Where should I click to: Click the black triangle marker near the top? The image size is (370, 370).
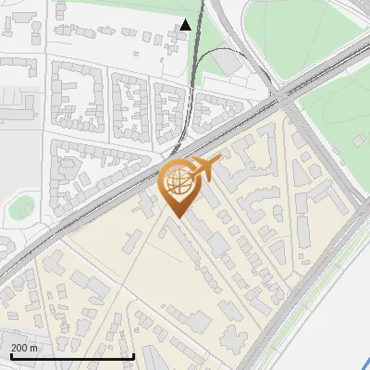point(186,25)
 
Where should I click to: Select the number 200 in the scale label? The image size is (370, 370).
point(19,348)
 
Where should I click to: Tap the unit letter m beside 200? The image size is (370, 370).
point(35,348)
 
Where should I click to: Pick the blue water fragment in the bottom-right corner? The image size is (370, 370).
point(365,363)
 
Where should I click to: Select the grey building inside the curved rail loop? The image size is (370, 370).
point(228,62)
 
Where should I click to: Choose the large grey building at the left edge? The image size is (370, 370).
point(14,111)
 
